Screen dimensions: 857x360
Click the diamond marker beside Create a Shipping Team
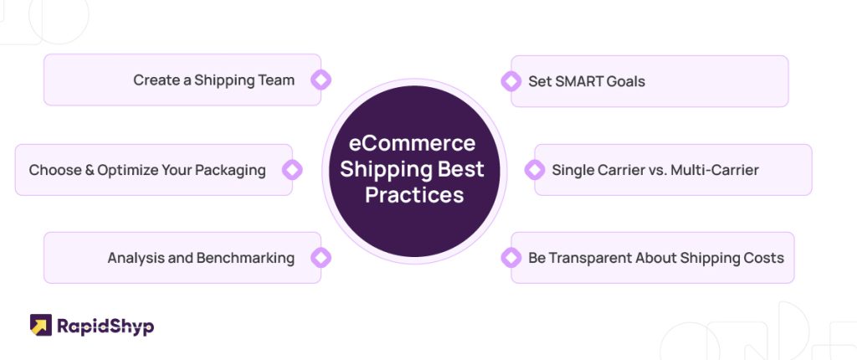(321, 80)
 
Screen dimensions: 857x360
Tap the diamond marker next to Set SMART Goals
(511, 81)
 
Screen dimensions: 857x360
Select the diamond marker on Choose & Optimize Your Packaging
(292, 170)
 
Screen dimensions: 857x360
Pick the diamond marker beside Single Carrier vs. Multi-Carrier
(535, 170)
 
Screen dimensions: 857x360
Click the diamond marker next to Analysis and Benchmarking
(321, 258)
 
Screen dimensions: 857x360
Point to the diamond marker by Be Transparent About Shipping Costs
(511, 258)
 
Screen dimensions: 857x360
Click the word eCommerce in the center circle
(412, 143)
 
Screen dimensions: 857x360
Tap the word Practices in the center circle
(414, 195)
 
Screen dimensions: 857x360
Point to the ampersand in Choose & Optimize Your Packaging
(90, 170)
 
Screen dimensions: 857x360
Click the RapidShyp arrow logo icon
(41, 325)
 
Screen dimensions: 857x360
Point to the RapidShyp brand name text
(105, 327)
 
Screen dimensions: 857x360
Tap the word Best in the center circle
(461, 169)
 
